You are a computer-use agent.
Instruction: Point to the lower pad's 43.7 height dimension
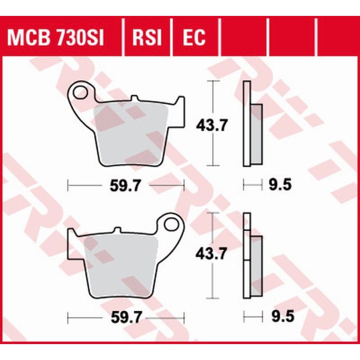click(213, 255)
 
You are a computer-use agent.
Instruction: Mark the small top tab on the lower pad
click(117, 230)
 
